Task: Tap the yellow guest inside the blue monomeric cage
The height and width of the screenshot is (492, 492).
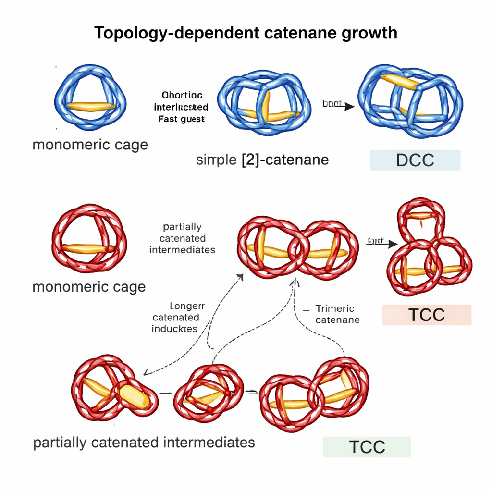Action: [90, 106]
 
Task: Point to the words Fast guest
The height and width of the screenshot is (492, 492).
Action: [181, 119]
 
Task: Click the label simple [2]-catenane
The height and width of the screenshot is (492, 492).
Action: [262, 160]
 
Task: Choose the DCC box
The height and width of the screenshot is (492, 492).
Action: [415, 160]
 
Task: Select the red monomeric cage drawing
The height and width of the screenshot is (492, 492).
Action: [89, 240]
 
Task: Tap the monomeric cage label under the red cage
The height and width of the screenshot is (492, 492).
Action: [89, 287]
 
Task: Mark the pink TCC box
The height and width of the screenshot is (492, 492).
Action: [427, 315]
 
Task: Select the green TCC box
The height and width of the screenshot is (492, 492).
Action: [367, 447]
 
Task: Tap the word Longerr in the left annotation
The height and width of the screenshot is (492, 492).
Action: [187, 306]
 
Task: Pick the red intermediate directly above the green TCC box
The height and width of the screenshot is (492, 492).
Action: [315, 394]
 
